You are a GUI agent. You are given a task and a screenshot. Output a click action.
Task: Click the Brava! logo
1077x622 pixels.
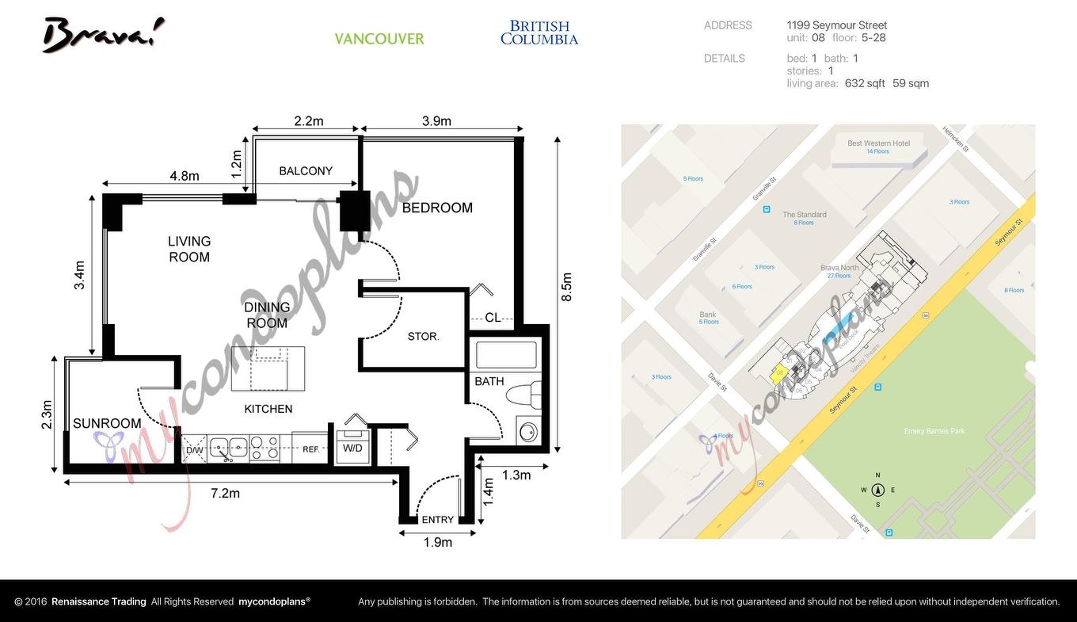103,35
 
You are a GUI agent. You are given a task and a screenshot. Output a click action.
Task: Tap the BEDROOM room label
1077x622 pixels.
437,208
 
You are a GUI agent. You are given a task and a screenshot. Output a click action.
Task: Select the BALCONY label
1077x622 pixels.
306,171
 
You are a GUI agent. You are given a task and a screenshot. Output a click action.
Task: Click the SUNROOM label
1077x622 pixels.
107,423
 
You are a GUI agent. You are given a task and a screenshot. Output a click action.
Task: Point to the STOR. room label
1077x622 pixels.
423,337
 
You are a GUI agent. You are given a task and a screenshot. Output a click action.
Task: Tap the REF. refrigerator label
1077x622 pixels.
310,449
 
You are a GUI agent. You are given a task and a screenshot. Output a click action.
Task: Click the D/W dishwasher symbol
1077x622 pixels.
194,450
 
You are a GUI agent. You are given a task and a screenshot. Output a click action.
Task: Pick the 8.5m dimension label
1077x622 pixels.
566,287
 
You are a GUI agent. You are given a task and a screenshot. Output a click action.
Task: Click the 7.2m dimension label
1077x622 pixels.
225,494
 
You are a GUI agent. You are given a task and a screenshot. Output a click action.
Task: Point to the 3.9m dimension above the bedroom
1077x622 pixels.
436,121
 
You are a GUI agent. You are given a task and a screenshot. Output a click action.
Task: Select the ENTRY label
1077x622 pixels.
438,520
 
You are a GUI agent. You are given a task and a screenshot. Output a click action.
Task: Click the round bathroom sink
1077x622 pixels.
527,432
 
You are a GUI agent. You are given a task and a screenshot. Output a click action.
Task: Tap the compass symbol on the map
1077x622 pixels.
877,490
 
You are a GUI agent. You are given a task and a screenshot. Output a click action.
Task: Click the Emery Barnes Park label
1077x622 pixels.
934,431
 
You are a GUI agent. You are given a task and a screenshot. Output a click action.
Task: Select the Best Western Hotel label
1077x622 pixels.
878,143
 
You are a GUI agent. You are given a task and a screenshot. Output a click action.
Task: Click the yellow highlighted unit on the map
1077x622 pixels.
779,374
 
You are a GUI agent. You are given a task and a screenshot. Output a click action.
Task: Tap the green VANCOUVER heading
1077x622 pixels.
379,39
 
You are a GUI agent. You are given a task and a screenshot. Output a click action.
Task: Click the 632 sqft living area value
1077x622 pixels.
865,83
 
